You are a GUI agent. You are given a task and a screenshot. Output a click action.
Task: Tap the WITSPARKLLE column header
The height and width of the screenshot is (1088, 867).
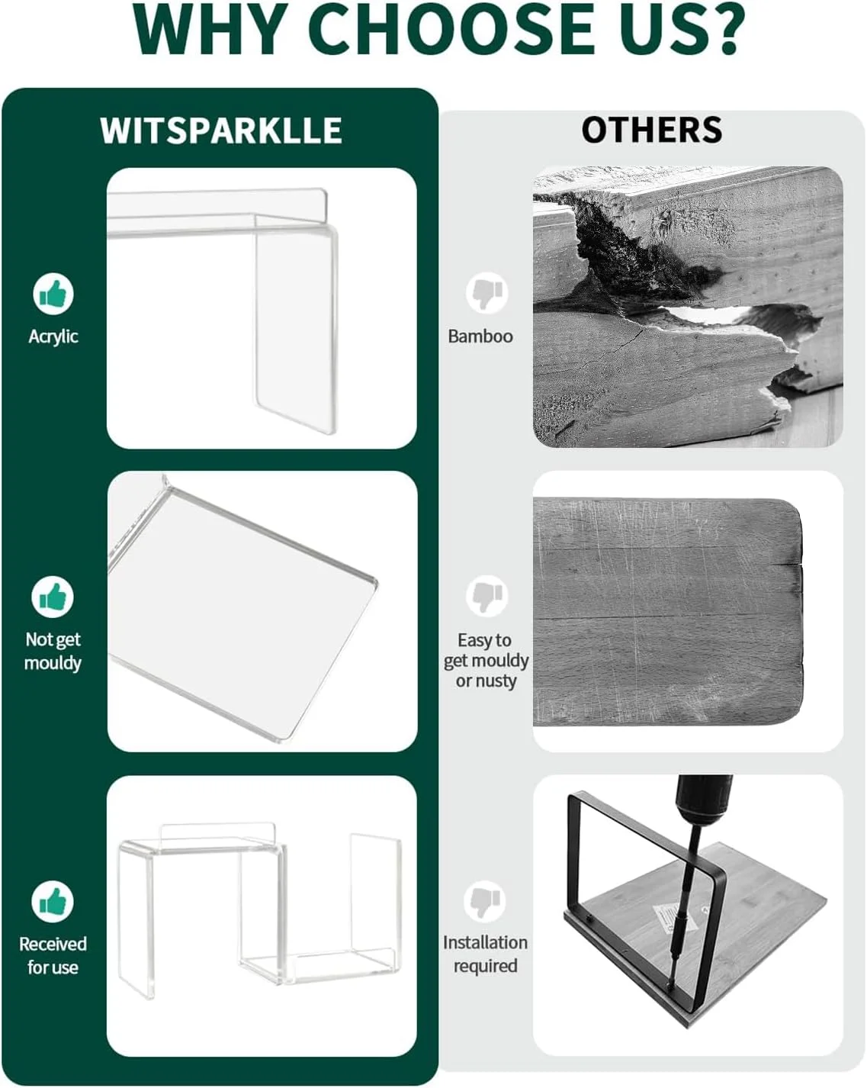221,130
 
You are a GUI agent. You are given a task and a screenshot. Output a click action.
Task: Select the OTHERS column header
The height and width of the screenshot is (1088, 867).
652,130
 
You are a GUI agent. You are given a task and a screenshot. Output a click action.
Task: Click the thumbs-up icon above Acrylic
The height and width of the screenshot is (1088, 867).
53,294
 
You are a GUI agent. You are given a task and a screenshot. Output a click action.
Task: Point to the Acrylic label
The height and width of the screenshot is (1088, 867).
53,336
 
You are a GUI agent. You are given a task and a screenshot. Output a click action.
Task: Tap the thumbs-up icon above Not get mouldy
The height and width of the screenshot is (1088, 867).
53,597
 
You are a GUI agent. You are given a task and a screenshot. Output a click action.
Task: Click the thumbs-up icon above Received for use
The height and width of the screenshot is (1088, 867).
53,901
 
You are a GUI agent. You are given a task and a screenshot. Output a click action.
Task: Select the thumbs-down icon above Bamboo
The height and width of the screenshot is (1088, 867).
487,293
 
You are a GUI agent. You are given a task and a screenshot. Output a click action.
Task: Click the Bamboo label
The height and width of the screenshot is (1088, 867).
480,336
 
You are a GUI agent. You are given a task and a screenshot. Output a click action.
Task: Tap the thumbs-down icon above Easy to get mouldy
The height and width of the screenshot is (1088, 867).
487,596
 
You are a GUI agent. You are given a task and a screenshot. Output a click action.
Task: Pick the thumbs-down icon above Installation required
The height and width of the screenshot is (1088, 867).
485,901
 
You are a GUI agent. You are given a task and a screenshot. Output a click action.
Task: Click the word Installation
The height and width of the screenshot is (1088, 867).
485,942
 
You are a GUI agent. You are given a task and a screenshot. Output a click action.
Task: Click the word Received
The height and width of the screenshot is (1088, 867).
53,944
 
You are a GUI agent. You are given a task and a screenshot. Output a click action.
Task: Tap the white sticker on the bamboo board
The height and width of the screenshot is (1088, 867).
675,917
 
